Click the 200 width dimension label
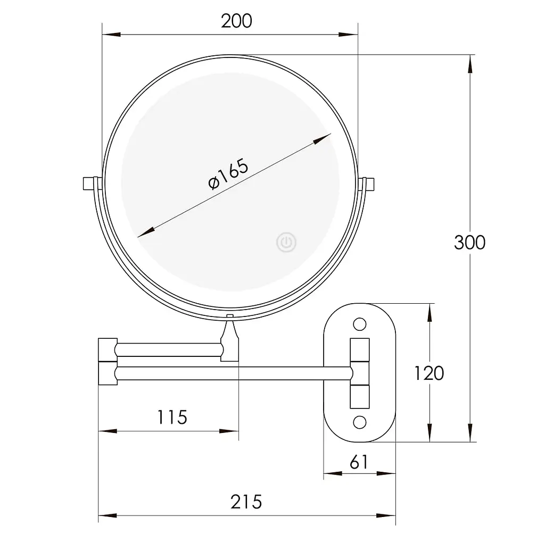click(236, 21)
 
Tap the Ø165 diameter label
click(228, 174)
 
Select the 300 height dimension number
click(469, 243)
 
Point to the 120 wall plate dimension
click(429, 373)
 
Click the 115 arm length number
click(172, 417)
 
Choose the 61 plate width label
click(359, 462)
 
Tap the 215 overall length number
click(246, 502)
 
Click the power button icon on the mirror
click(286, 242)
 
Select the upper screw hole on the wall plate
click(360, 324)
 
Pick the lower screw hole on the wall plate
click(360, 422)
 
